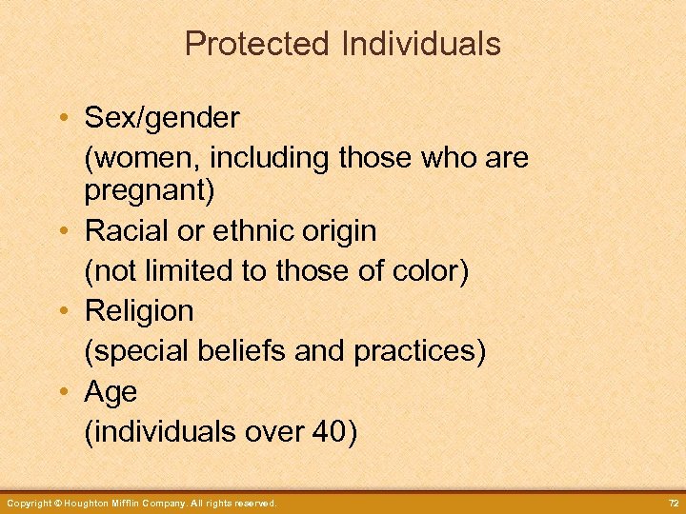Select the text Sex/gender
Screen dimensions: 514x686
pos(162,118)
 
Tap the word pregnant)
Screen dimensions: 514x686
pos(150,190)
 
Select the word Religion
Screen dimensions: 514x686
pos(139,311)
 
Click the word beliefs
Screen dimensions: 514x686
pos(246,351)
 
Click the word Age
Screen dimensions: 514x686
pos(111,392)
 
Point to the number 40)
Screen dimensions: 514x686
pos(334,432)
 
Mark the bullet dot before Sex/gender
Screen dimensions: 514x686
pos(61,119)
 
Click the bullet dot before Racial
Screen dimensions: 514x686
pos(61,231)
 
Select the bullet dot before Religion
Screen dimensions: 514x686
pos(61,311)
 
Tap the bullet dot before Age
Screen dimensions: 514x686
pos(61,392)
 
